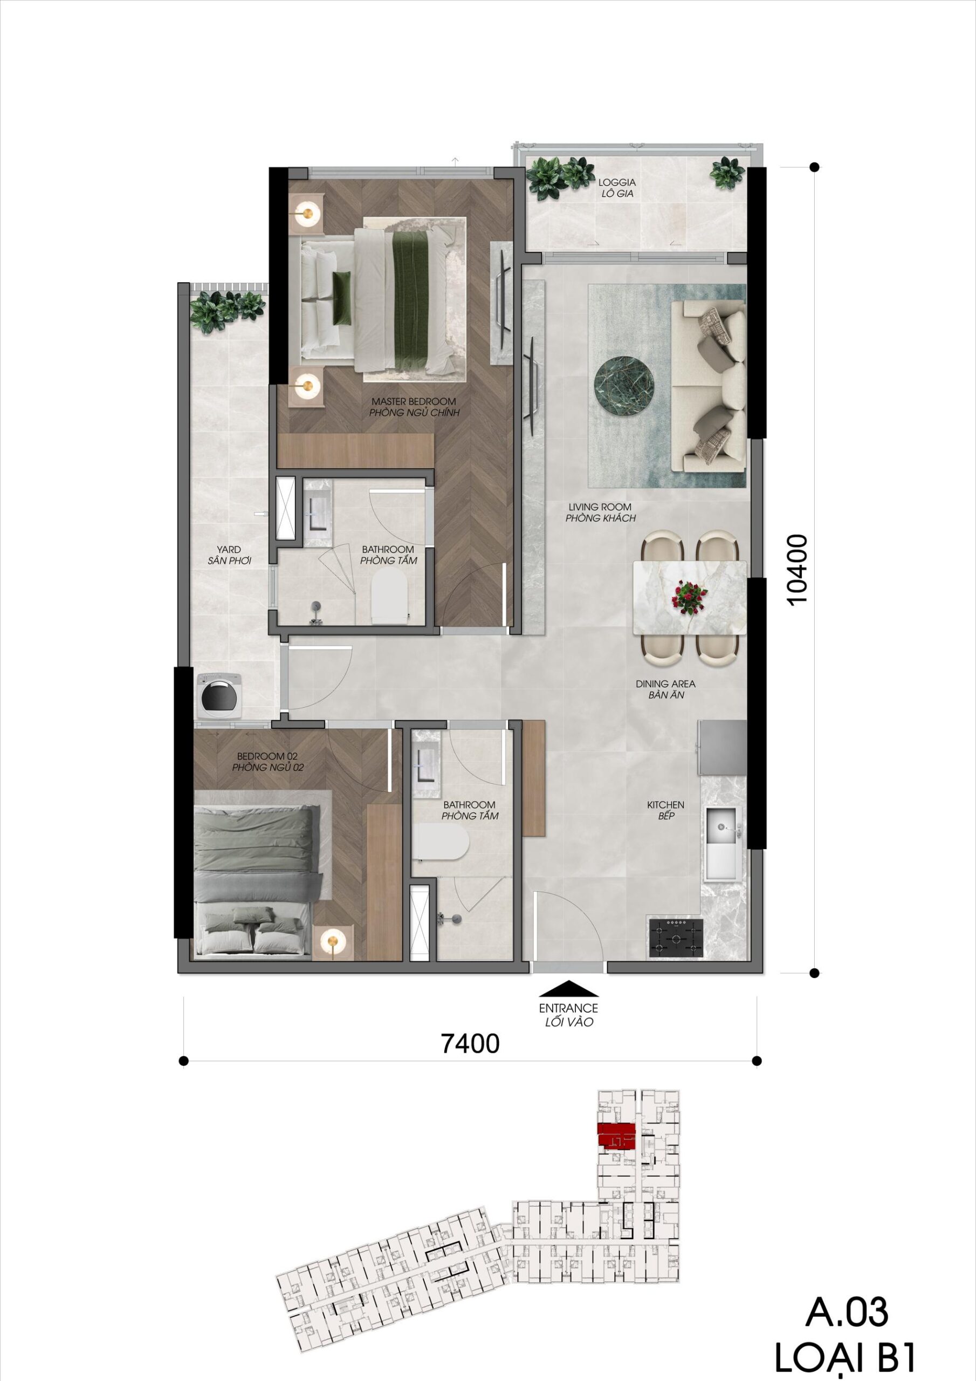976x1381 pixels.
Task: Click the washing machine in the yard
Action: click(219, 695)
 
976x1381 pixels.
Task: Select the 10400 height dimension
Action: click(796, 570)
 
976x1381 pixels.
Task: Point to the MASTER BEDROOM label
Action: click(413, 401)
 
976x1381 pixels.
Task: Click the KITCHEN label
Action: click(665, 804)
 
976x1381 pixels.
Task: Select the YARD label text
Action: click(229, 549)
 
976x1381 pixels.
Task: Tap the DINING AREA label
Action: click(666, 684)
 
